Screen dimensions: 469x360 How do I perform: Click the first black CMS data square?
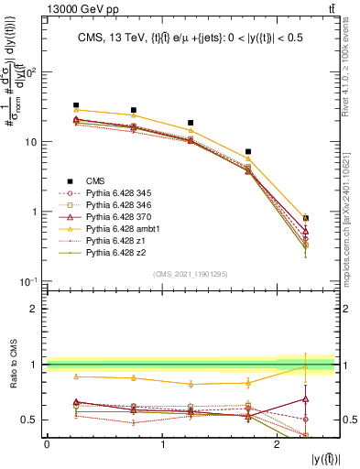coord(76,105)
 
